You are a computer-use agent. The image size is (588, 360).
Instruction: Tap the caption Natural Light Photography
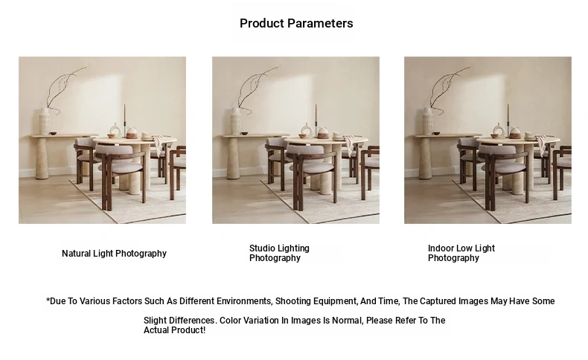114,254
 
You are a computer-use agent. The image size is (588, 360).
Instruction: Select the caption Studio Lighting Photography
279,253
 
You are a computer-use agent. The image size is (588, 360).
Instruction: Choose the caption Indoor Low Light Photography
461,253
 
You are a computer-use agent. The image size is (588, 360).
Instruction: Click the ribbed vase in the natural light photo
45,120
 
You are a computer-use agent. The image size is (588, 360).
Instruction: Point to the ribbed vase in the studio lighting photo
236,120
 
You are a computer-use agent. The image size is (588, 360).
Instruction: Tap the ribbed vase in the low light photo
428,120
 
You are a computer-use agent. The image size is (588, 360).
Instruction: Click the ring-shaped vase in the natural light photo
115,131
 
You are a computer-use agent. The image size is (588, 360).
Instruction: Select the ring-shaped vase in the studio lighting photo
307,131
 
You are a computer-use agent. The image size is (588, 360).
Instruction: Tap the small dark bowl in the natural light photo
53,133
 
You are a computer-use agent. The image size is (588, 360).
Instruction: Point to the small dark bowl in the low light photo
436,133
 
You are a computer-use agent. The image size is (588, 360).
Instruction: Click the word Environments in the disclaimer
243,301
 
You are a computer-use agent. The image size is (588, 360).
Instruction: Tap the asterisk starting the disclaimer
48,300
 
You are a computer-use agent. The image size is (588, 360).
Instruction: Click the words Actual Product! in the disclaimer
174,330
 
